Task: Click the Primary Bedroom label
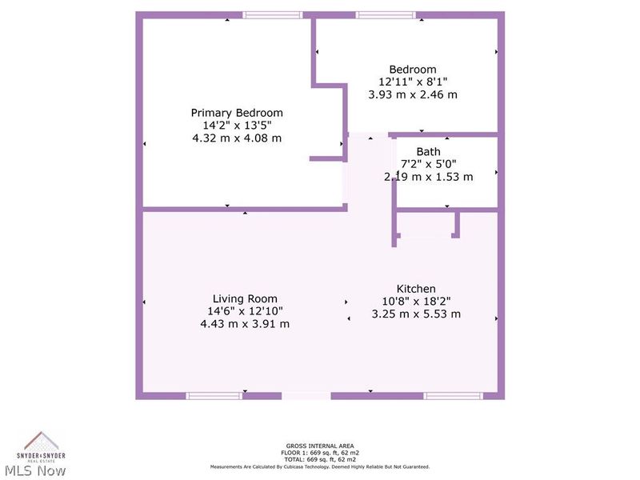(236, 113)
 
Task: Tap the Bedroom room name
(413, 70)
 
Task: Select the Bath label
(428, 151)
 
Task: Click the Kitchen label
(416, 289)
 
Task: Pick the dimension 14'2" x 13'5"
(236, 126)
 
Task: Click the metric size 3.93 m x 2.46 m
(413, 94)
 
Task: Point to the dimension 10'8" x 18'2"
(416, 302)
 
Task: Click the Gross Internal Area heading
(320, 446)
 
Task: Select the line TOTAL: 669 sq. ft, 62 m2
(320, 459)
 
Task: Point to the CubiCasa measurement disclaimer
(320, 466)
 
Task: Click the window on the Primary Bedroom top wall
(273, 14)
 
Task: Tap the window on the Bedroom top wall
(386, 14)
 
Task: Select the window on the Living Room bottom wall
(214, 395)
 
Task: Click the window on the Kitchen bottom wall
(453, 395)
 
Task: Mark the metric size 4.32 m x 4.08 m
(236, 138)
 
